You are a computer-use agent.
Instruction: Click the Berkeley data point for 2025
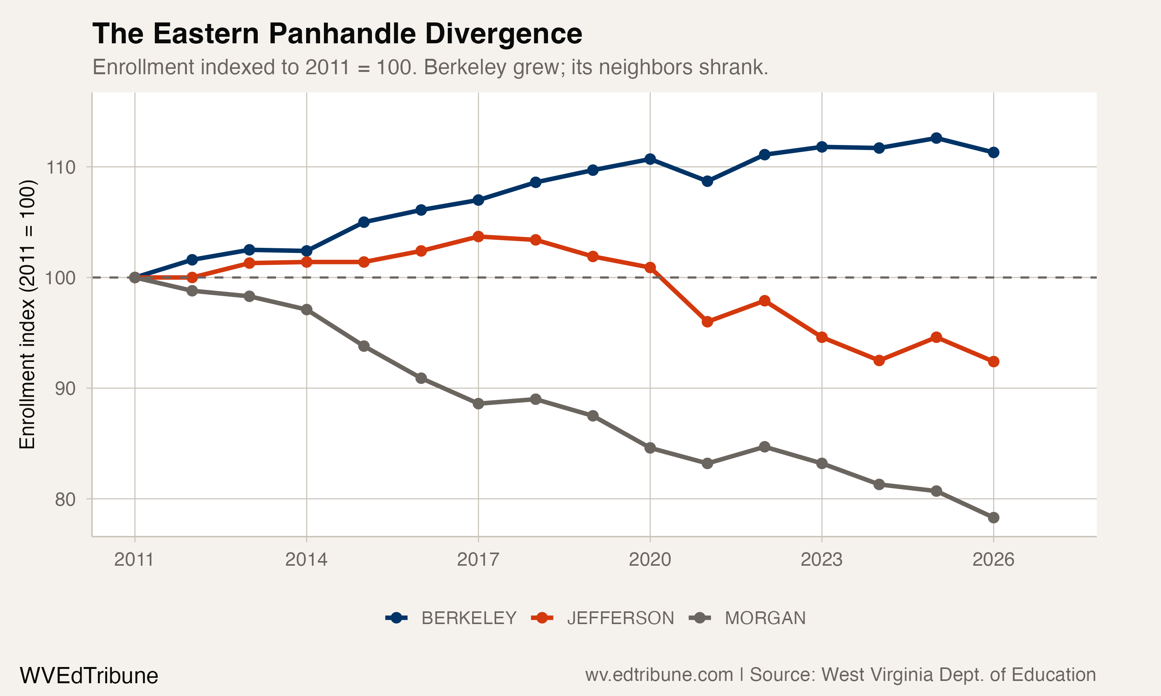click(936, 138)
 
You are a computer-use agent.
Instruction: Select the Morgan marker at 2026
click(993, 518)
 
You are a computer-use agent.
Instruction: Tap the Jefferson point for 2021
click(707, 322)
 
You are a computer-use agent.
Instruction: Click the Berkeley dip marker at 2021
click(707, 181)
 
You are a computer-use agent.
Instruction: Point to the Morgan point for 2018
click(536, 399)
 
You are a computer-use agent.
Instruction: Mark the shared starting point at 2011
click(135, 278)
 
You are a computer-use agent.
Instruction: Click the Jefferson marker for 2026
click(993, 362)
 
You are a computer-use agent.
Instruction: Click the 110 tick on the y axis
click(60, 167)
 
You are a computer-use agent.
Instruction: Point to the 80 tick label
click(65, 500)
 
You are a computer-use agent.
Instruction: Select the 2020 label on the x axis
click(650, 560)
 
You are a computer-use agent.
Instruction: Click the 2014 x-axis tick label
click(307, 560)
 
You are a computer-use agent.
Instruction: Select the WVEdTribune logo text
click(89, 676)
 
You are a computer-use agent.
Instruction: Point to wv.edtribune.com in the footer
click(659, 675)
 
